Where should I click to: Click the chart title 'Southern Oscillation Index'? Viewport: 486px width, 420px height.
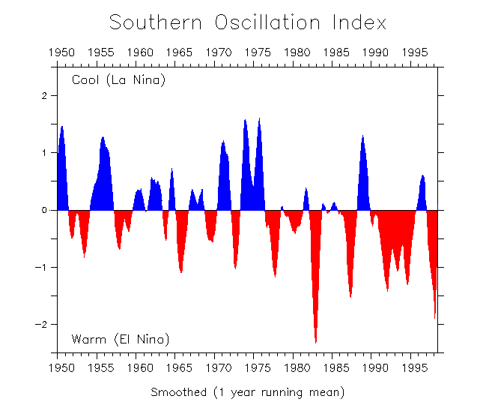point(248,22)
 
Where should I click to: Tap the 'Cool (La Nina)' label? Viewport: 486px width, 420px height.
point(118,80)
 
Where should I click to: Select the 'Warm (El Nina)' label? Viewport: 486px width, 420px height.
point(121,339)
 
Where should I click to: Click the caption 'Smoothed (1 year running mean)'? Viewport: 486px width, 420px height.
point(248,392)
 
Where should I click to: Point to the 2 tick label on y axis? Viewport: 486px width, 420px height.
point(45,96)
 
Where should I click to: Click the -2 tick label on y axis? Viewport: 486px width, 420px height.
point(43,325)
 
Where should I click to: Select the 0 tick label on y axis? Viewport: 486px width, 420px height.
point(45,210)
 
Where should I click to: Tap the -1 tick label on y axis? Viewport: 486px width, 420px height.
point(43,268)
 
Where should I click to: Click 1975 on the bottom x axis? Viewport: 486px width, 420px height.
point(258,368)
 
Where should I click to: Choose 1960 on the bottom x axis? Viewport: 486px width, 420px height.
point(140,368)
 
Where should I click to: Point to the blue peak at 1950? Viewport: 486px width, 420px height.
point(62,130)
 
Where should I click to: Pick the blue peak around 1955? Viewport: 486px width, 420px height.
point(103,140)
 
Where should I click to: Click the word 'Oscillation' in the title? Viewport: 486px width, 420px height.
point(266,22)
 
